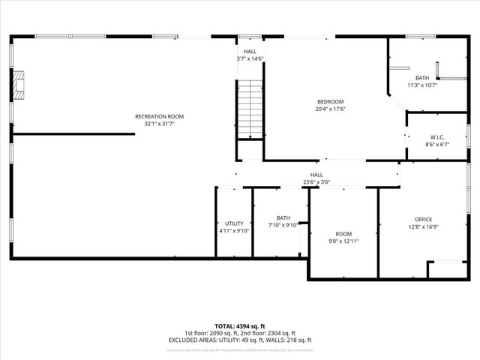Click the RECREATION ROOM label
tap(159, 116)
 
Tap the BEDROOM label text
tap(330, 102)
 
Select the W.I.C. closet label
tap(437, 137)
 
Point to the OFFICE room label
tap(422, 218)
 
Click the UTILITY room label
tap(234, 223)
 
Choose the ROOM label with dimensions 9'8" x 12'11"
tap(343, 234)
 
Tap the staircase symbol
tap(250, 108)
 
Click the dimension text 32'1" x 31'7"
tap(159, 124)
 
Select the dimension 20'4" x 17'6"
tap(330, 109)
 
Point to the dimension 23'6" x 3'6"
tap(316, 182)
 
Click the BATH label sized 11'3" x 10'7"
tap(422, 78)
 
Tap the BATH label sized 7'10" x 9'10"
tap(282, 218)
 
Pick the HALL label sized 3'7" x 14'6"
tap(250, 51)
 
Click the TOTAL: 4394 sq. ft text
tap(240, 326)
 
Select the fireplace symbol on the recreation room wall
tap(19, 86)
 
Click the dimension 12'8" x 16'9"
tap(422, 226)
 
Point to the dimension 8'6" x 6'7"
tap(437, 145)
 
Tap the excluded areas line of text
tap(240, 340)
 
